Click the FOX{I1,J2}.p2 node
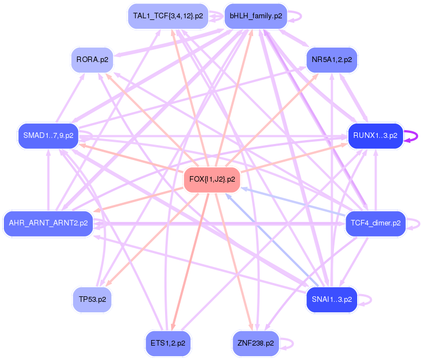[x=212, y=179]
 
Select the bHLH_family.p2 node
[x=255, y=16]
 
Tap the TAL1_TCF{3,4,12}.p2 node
[x=167, y=16]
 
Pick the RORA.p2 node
[x=92, y=60]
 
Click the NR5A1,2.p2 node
[x=332, y=60]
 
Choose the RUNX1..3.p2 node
[x=375, y=136]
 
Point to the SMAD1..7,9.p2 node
[x=48, y=136]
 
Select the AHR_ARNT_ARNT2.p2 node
[x=48, y=223]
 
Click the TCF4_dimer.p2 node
[x=375, y=223]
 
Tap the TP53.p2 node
[x=92, y=299]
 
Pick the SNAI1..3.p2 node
[x=332, y=299]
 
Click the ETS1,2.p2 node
[x=167, y=343]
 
